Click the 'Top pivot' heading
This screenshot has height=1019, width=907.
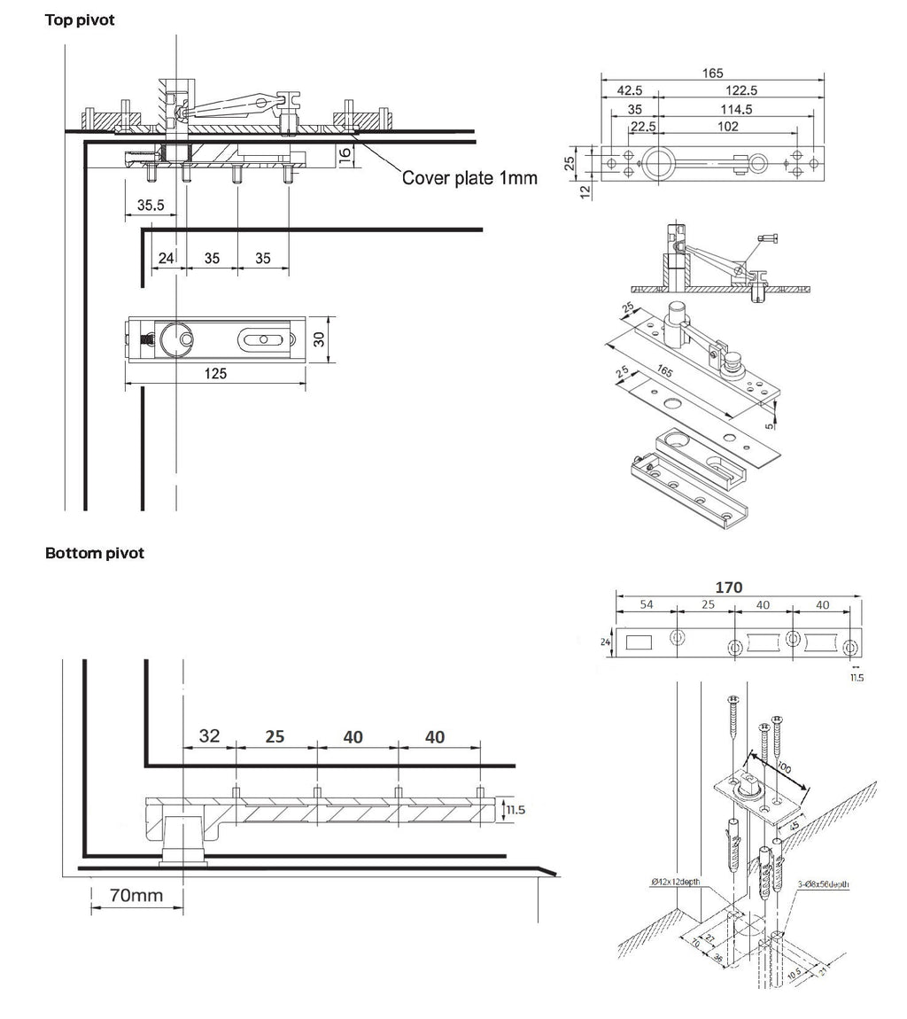[80, 19]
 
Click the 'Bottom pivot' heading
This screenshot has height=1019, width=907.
[94, 553]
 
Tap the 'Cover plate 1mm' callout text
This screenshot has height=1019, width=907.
[469, 177]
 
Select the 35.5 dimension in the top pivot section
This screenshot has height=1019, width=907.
[150, 205]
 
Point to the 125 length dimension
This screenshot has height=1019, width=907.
[215, 373]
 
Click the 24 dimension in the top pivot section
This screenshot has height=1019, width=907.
[165, 259]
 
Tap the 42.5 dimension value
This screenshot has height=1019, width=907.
[630, 90]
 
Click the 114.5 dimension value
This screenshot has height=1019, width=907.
[736, 109]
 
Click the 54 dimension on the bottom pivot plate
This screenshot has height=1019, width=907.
[646, 604]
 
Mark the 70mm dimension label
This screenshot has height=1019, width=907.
[136, 895]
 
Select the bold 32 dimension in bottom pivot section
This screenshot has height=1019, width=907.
[209, 736]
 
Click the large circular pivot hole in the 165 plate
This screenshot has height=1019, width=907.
[659, 162]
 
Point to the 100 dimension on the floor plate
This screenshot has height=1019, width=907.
[784, 766]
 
